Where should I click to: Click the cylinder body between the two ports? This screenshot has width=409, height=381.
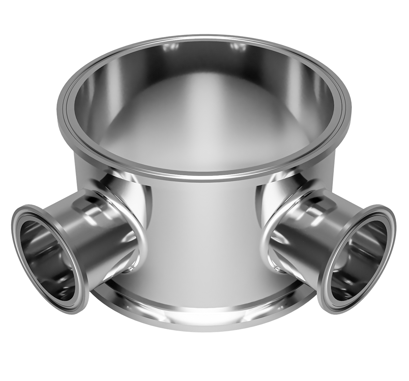[204, 232]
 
